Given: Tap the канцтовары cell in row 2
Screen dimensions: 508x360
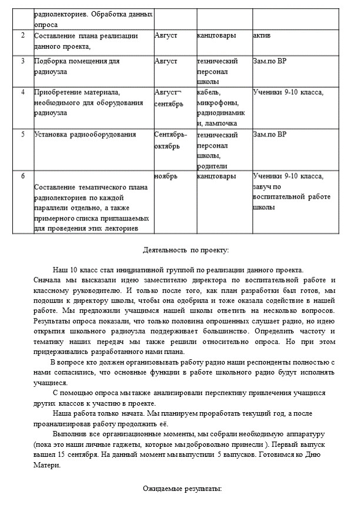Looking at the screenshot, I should click(x=217, y=35).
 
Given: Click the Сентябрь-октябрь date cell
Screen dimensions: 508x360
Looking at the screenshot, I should click(x=171, y=139).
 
